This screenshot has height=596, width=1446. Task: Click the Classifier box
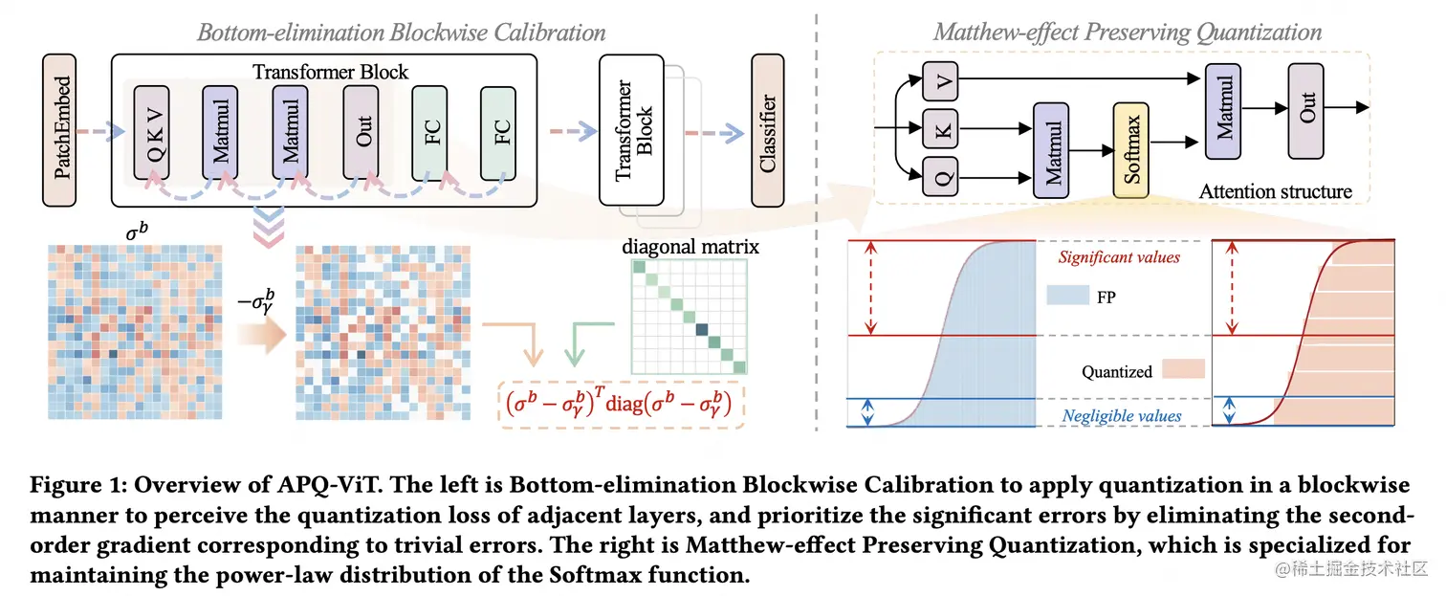tap(767, 131)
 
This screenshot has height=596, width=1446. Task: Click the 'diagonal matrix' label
tap(690, 247)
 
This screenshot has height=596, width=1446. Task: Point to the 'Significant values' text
tap(1119, 257)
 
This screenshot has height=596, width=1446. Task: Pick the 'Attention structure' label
tap(1276, 191)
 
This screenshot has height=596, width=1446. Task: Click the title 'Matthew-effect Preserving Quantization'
tap(1128, 32)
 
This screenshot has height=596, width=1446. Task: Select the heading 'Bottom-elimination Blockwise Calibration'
tap(401, 32)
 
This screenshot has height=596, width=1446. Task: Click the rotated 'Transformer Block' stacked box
tap(632, 131)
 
